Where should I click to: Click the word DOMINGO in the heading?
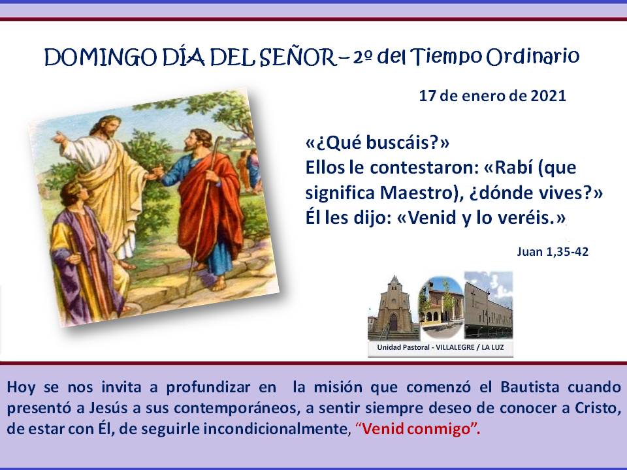point(101,57)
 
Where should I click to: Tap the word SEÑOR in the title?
point(298,57)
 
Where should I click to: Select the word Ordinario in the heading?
point(533,56)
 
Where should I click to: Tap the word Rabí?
point(514,168)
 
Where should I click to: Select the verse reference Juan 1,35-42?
point(553,252)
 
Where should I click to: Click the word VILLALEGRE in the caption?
point(455,347)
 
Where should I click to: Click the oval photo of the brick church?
point(441,307)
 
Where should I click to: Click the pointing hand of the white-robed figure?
point(59,138)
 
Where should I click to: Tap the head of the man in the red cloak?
point(197,140)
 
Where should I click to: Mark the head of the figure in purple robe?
point(73,195)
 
